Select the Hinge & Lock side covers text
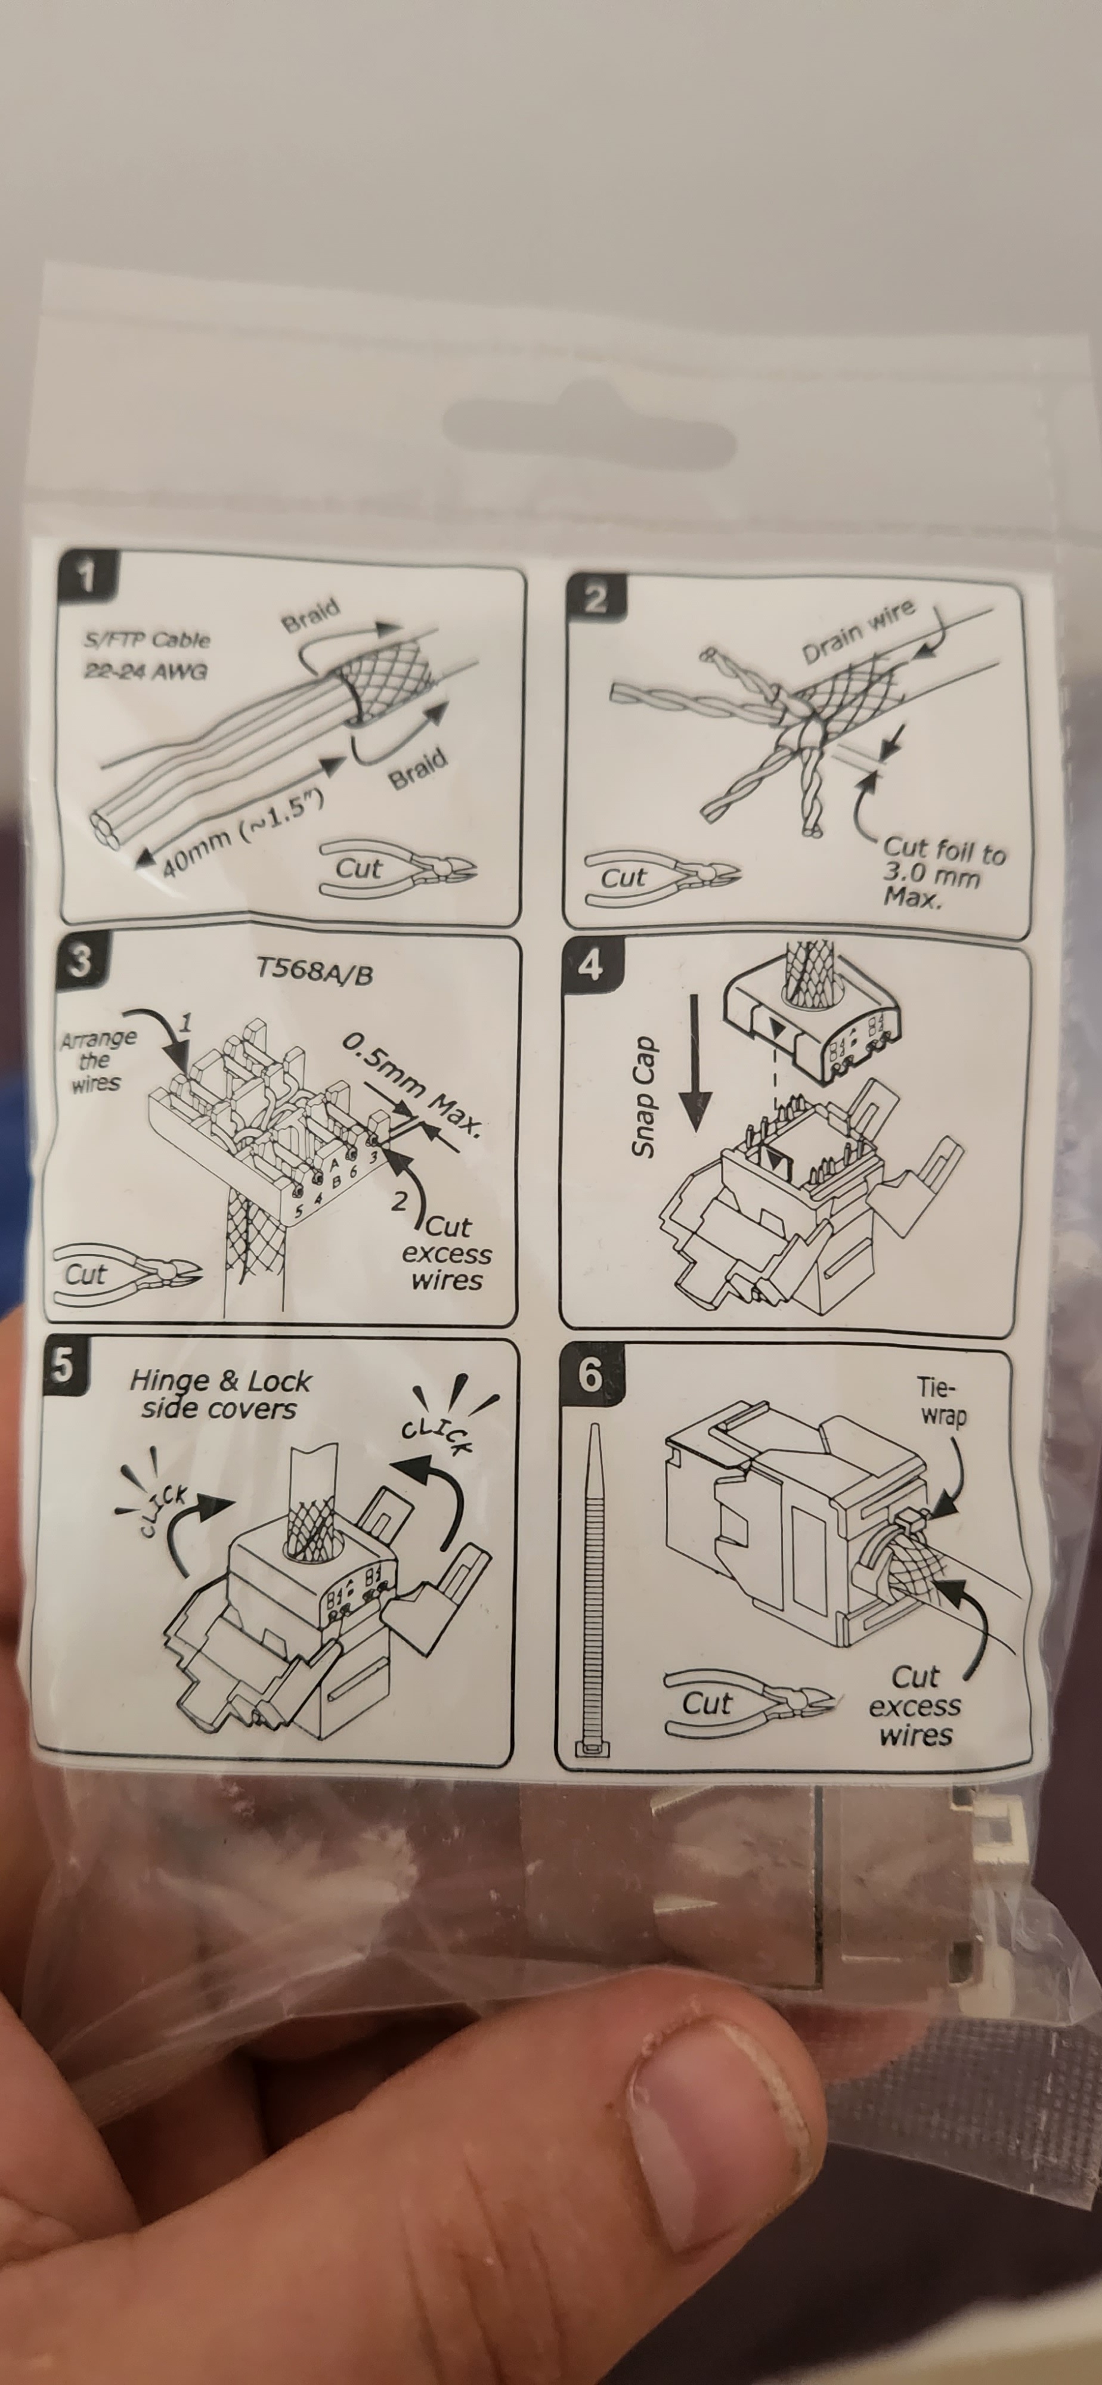tap(221, 1395)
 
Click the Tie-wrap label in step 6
tap(942, 1401)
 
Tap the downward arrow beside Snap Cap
tap(695, 1063)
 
